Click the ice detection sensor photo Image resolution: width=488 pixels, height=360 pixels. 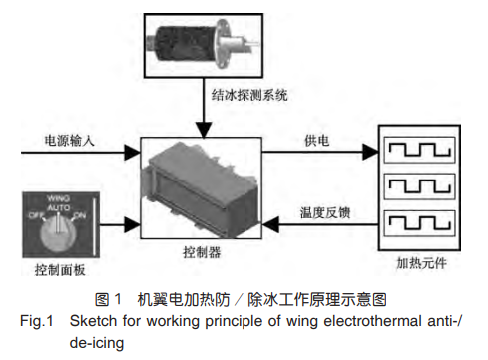coord(203,41)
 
